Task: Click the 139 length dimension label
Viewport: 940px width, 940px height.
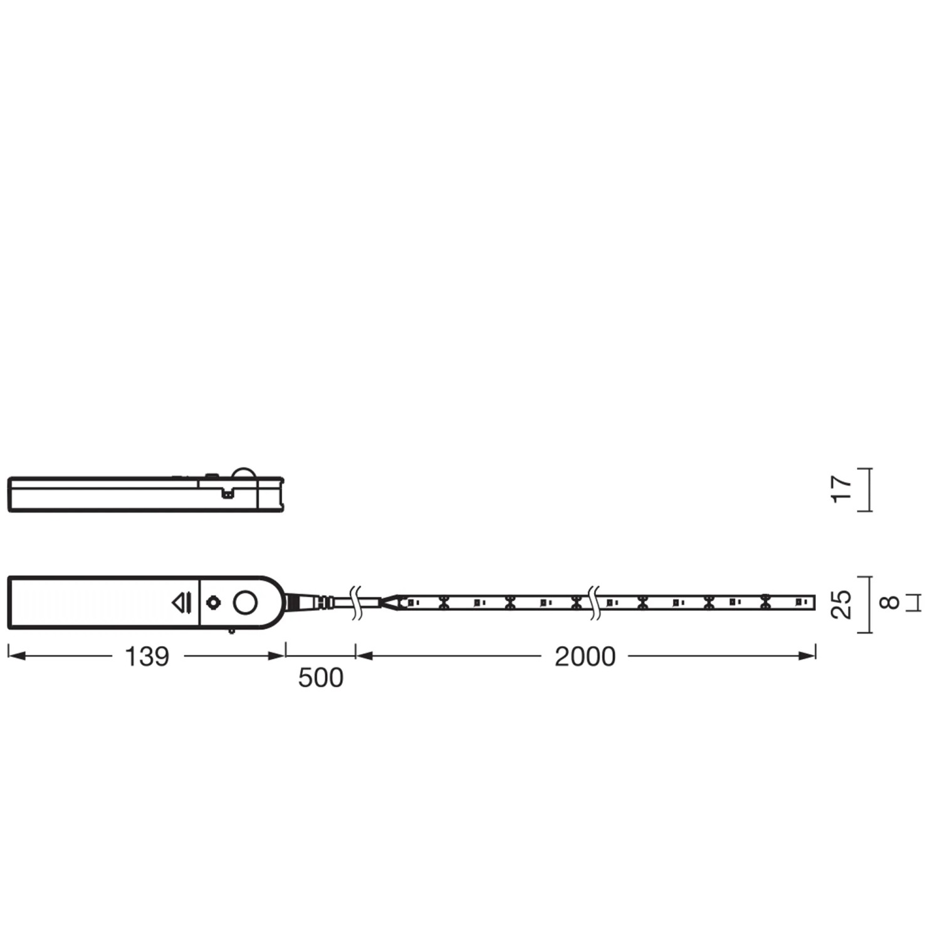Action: [x=147, y=657]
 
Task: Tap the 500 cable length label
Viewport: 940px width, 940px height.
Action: [x=320, y=678]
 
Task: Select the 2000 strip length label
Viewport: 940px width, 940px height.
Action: [x=585, y=657]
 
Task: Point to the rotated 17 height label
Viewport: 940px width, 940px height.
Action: [x=842, y=489]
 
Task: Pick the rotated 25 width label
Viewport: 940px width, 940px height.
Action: [x=842, y=604]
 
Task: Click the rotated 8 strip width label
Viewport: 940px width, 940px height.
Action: [x=889, y=603]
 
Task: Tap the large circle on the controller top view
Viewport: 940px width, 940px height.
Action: [x=245, y=603]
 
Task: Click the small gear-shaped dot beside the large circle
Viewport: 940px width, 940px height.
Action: [x=213, y=603]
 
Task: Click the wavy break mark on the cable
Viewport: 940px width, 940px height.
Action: [x=356, y=603]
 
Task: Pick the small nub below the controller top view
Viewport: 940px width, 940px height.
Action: [x=232, y=631]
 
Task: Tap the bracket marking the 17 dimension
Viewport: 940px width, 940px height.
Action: [x=869, y=489]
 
